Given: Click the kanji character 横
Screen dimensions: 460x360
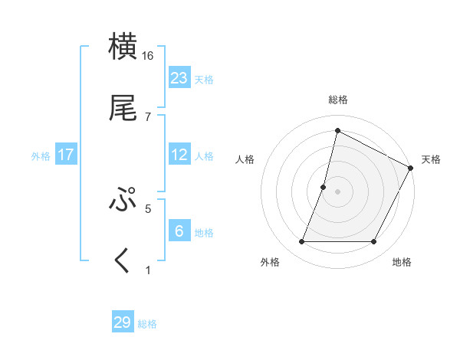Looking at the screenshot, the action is click(123, 47).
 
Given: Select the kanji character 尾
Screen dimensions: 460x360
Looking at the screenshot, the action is click(123, 109).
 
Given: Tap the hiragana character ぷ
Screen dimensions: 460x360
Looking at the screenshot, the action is click(123, 201).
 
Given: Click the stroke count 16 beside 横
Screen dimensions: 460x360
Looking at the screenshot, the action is click(148, 56).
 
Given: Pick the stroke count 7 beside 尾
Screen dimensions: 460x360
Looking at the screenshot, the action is click(148, 116).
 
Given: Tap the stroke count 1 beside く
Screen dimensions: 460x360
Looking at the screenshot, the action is click(148, 270).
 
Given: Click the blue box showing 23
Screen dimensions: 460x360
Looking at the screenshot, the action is click(179, 77).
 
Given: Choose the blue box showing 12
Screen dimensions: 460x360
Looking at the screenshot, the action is click(179, 155).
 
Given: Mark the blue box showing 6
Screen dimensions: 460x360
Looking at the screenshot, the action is click(179, 231).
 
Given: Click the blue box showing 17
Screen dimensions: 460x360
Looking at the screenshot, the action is click(66, 155).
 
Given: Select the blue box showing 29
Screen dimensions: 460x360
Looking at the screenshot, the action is click(123, 322).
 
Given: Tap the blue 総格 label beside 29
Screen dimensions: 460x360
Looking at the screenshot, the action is click(147, 324).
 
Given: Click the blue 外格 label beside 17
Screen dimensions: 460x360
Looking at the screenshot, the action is click(41, 156).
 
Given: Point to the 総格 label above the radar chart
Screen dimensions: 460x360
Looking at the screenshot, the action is click(338, 100).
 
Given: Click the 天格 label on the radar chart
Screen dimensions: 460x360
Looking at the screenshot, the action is click(431, 159).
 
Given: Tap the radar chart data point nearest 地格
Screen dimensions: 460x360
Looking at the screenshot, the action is click(374, 242).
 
